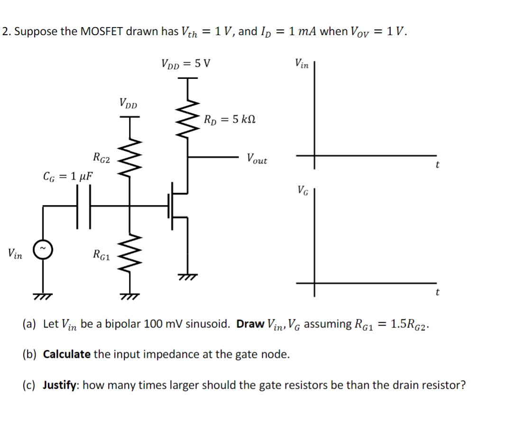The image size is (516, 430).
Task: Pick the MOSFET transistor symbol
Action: [x=178, y=206]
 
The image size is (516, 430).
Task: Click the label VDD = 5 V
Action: [x=186, y=63]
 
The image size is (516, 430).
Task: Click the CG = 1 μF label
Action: [x=68, y=177]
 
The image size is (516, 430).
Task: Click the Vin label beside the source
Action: [x=15, y=254]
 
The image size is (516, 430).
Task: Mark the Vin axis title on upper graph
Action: [x=302, y=63]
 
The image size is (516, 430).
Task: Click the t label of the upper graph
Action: [x=437, y=166]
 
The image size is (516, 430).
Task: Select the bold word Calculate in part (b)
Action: [x=66, y=355]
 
